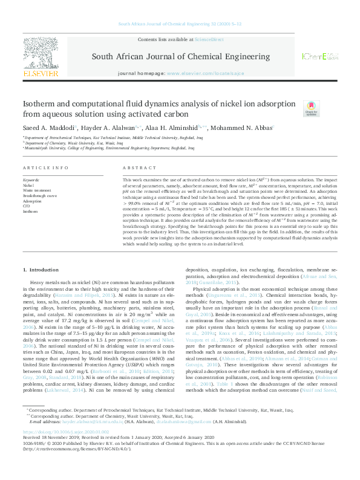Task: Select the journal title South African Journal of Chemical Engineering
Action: click(180, 56)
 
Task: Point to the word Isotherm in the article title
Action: click(40, 103)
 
